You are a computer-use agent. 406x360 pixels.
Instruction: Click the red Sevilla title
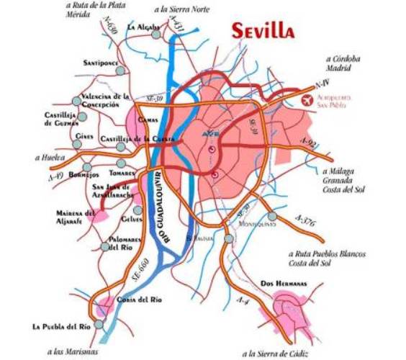tap(263, 30)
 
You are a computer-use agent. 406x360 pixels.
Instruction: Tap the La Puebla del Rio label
tap(61, 326)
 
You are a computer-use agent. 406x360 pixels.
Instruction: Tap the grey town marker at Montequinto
tap(271, 216)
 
